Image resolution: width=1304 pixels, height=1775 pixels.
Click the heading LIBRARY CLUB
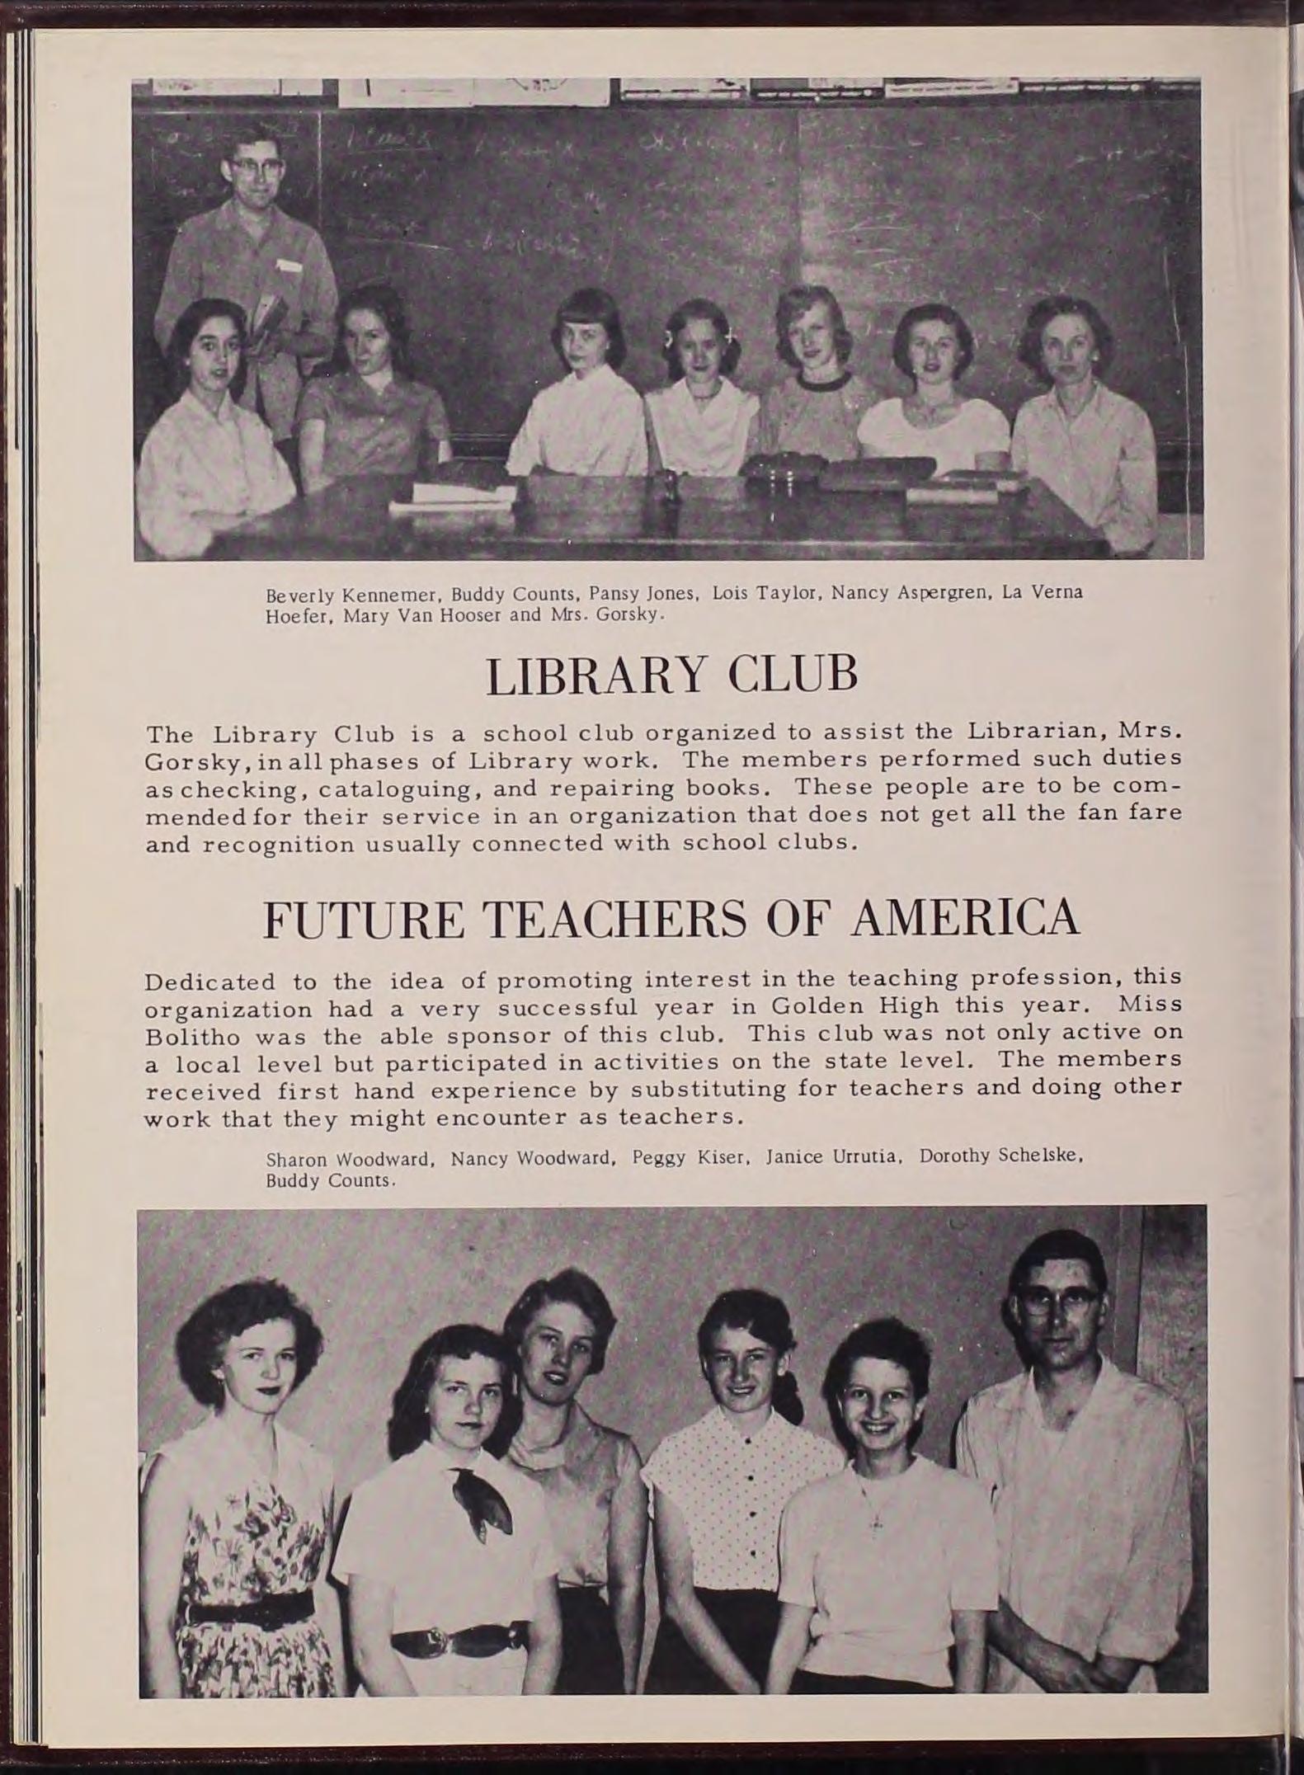(671, 676)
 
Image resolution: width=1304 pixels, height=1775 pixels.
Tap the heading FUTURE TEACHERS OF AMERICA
(671, 919)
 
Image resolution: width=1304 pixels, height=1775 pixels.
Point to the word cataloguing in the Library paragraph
(395, 789)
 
